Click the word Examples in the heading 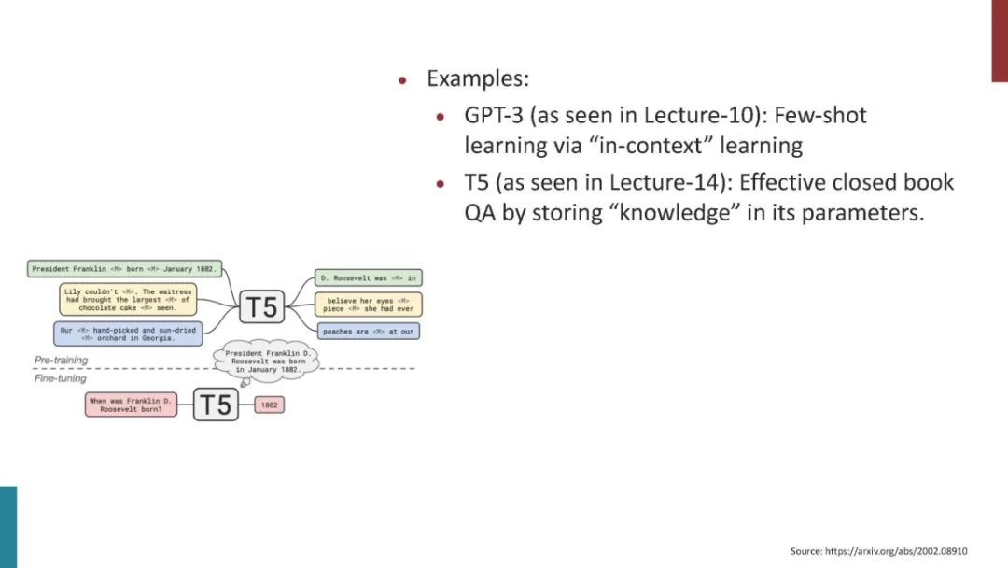coord(477,78)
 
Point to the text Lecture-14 coord(657,182)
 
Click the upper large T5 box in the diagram coord(261,306)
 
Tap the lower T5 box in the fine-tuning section coord(216,405)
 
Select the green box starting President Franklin coord(124,269)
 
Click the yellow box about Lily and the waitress coord(129,299)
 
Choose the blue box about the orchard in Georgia coord(127,334)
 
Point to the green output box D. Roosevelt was coord(368,277)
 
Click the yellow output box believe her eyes coord(368,305)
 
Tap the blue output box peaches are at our coord(368,331)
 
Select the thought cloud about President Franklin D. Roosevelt coord(267,362)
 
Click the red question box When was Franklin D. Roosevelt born coord(131,405)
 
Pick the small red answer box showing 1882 coord(270,405)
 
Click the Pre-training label coord(61,360)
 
